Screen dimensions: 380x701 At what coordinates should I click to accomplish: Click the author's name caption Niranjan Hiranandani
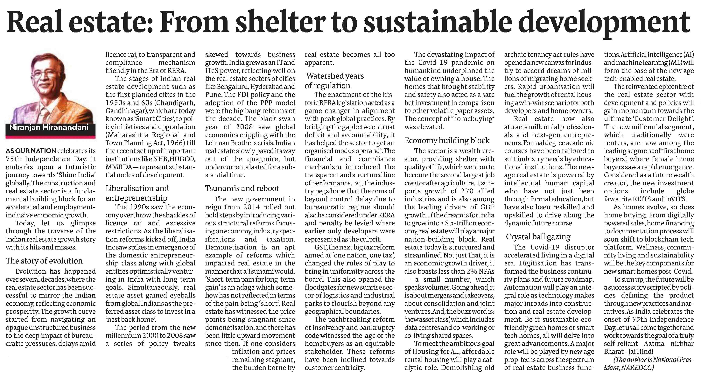tap(49, 127)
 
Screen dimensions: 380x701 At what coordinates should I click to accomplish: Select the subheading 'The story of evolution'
tap(44, 261)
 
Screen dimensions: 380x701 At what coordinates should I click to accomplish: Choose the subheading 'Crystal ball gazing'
tap(538, 237)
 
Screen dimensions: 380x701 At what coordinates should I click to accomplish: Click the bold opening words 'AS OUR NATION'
tap(31, 151)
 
